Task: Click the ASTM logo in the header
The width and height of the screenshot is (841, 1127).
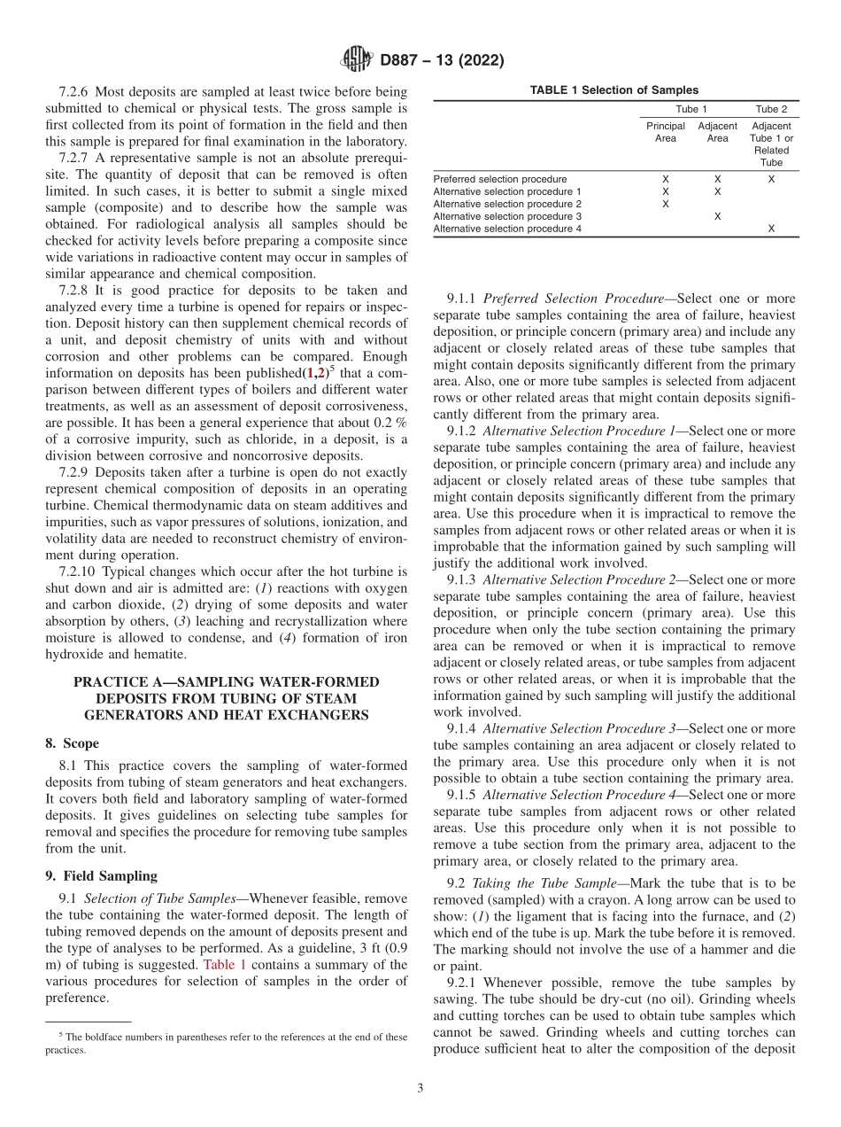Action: tap(356, 61)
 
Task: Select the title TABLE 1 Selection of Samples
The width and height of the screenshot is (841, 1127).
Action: tap(614, 90)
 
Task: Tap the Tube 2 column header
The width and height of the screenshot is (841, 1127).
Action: tap(771, 110)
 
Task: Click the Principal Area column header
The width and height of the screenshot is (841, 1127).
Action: tap(665, 132)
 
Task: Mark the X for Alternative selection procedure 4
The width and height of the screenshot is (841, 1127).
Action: tap(771, 229)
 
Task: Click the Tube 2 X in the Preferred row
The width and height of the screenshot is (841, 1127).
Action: tap(771, 179)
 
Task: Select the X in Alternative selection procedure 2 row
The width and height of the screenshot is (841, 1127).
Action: tap(666, 204)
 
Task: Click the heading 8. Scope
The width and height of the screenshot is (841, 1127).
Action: tap(73, 743)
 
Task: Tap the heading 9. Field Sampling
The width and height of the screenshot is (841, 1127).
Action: tap(101, 875)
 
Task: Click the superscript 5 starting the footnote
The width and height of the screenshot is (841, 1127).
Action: tap(61, 1034)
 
